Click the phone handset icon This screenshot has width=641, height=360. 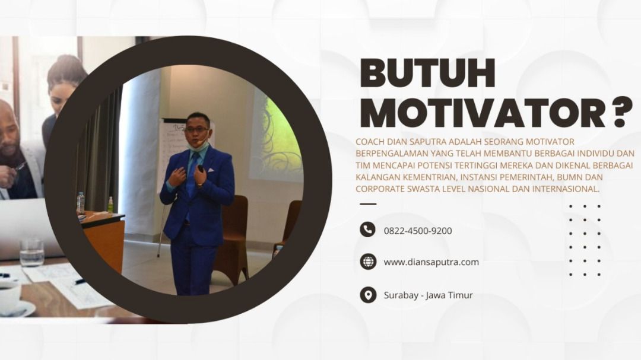(x=367, y=230)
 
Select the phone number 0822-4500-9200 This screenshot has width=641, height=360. (x=418, y=231)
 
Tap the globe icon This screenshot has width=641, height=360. (x=368, y=262)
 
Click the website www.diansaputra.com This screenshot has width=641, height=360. (x=431, y=262)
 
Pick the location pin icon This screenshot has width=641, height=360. (x=368, y=295)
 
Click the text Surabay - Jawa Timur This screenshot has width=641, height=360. (x=428, y=295)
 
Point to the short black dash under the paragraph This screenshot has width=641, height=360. (x=368, y=203)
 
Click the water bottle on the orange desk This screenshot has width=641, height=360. (x=81, y=203)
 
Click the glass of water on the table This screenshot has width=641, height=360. (x=31, y=253)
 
